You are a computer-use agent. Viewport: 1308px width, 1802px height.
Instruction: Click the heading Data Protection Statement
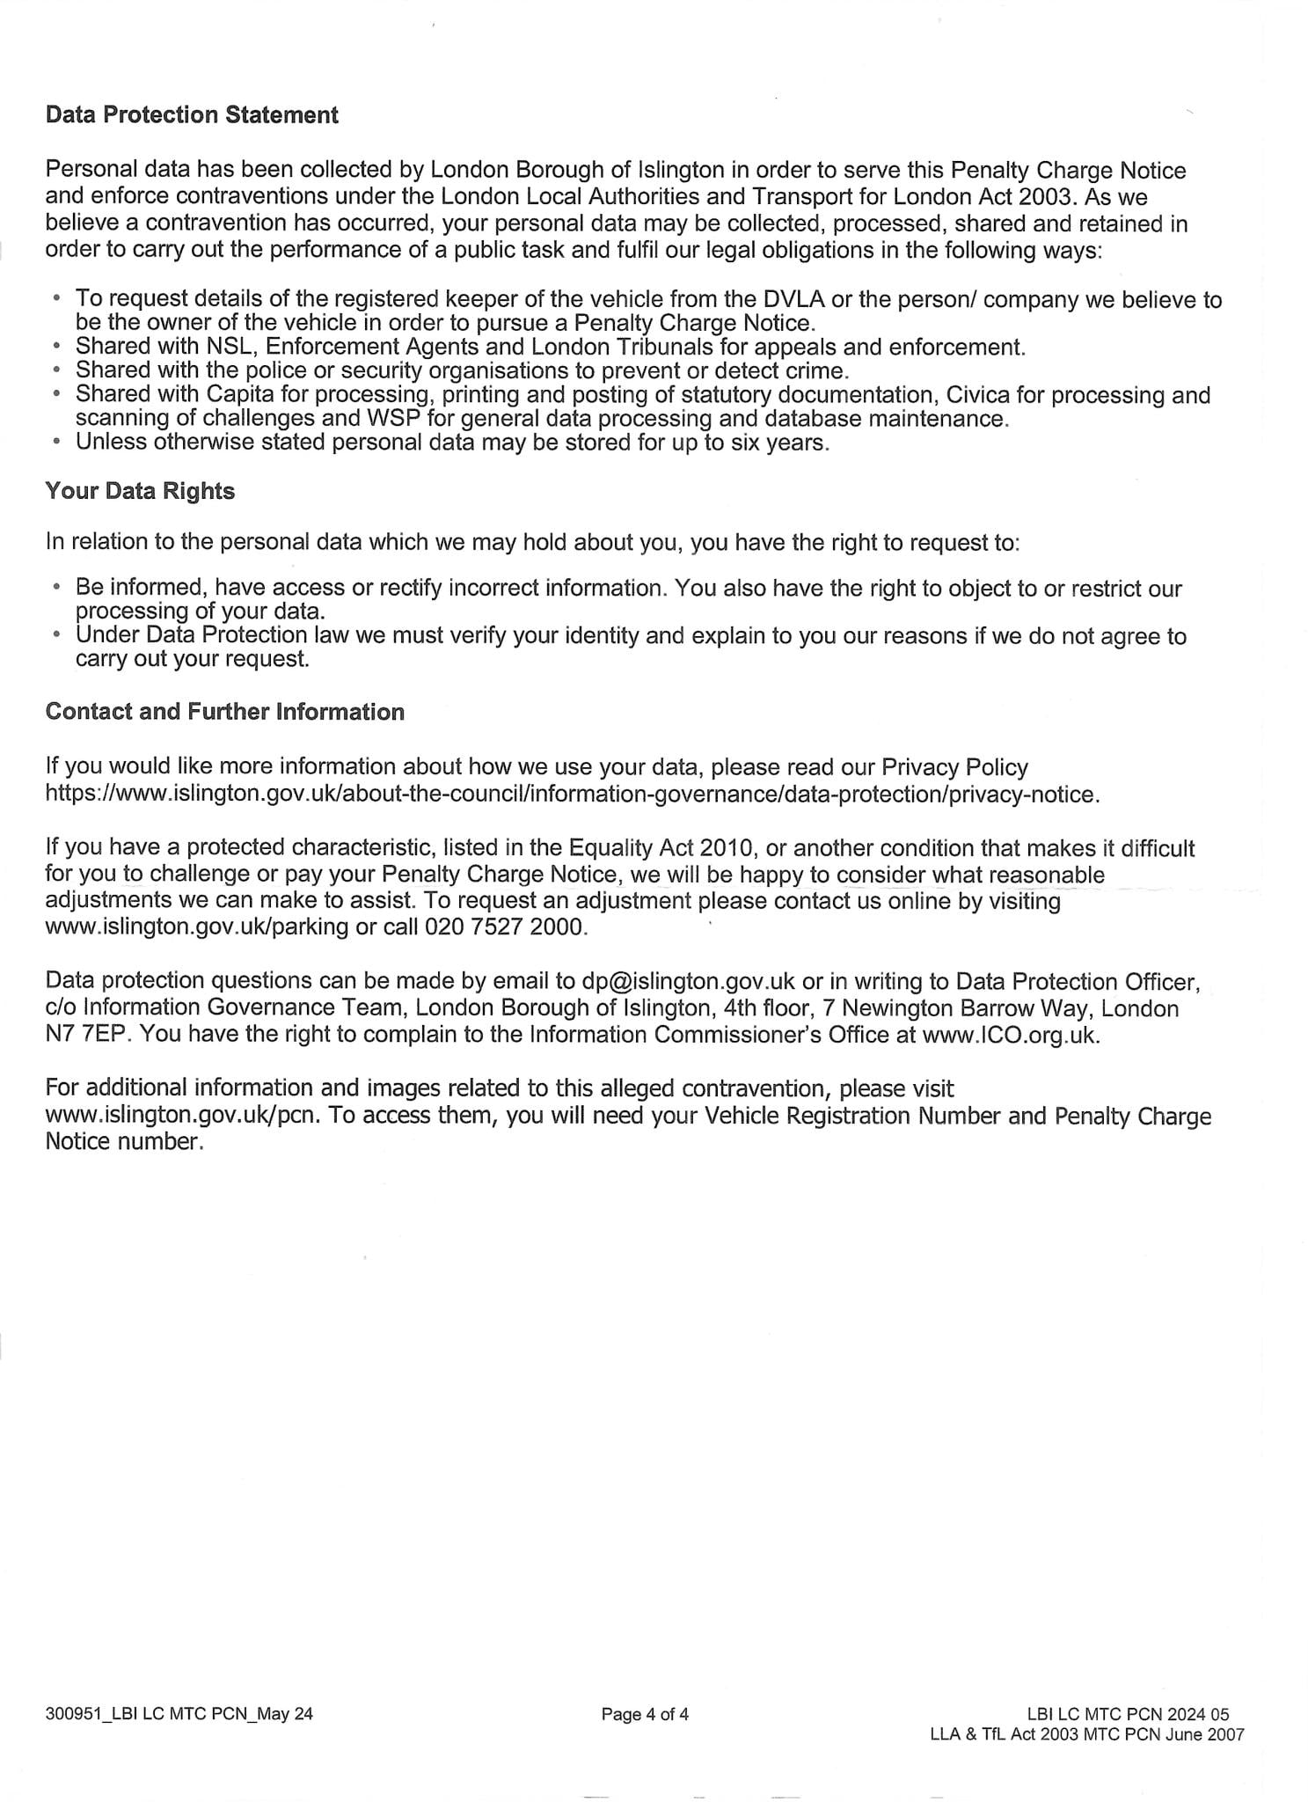(x=192, y=115)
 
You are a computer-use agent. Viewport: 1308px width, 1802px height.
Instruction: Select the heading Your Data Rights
(x=140, y=491)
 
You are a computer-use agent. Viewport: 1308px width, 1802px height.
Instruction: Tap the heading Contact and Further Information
(x=225, y=712)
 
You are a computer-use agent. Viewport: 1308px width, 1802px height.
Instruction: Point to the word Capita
(x=239, y=395)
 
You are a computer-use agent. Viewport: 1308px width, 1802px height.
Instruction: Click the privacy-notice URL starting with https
(x=572, y=795)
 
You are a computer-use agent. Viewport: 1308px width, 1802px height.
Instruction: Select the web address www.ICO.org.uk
(x=1010, y=1035)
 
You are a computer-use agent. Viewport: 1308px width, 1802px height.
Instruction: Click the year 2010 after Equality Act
(x=728, y=848)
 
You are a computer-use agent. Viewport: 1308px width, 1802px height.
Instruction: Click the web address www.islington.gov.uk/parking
(x=196, y=927)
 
